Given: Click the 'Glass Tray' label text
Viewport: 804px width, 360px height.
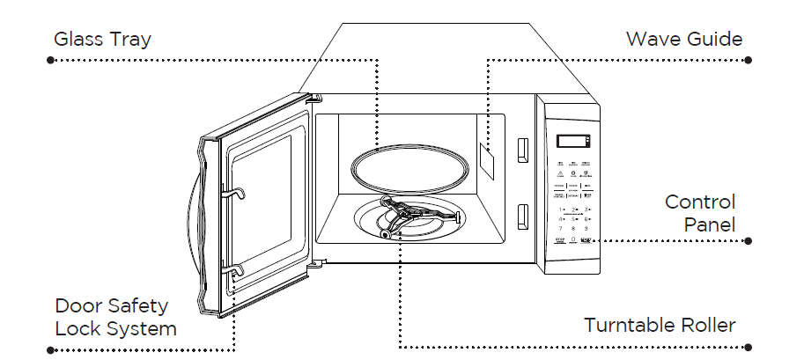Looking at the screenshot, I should coord(102,40).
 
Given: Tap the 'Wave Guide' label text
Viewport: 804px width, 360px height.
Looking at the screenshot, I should coord(683,40).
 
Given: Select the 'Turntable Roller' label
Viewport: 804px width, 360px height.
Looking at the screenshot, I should coord(660,325).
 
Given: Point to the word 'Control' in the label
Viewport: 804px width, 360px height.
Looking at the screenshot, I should coord(699,202).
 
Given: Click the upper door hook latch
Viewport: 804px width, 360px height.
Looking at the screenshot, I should coord(236,192).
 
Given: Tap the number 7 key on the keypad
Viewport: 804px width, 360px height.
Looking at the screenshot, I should coord(561,227).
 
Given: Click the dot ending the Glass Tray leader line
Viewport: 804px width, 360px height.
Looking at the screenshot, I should coord(50,60).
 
